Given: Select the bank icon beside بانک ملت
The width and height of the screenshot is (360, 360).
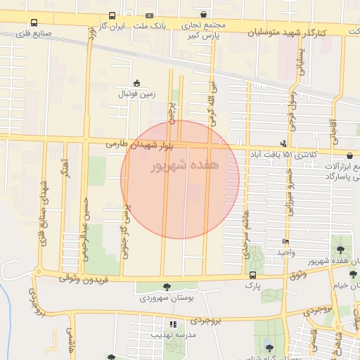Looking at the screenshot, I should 149,15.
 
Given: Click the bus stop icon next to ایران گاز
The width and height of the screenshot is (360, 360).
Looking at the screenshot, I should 113,15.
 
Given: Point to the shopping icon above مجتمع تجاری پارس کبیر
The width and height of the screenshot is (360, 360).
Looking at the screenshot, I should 203,14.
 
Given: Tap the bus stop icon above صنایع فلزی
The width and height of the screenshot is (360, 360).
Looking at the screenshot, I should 34,22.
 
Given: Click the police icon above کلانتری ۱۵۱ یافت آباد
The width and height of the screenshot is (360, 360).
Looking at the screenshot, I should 283,143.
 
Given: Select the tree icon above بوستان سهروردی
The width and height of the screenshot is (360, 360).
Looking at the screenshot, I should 167,287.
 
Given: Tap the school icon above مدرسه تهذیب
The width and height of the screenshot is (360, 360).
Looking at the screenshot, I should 173,324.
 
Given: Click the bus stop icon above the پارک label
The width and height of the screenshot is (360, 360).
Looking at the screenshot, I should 252,275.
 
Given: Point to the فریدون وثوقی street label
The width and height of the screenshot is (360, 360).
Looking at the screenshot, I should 84,280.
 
